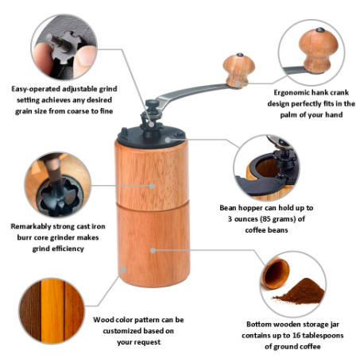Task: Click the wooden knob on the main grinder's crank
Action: [x=239, y=70]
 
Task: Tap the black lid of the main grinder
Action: [x=152, y=137]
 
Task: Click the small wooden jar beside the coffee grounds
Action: [x=276, y=273]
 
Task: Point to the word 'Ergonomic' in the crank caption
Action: [x=291, y=93]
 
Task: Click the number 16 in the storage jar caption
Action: [x=296, y=336]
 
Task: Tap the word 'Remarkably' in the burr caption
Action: [x=31, y=226]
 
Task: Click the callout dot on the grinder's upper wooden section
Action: [x=152, y=186]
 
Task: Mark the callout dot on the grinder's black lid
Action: [x=168, y=140]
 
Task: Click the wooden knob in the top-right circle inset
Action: [x=318, y=50]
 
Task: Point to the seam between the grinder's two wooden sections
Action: [x=153, y=205]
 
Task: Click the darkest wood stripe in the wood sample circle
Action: [x=30, y=310]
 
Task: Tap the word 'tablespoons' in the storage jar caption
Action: [x=323, y=336]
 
